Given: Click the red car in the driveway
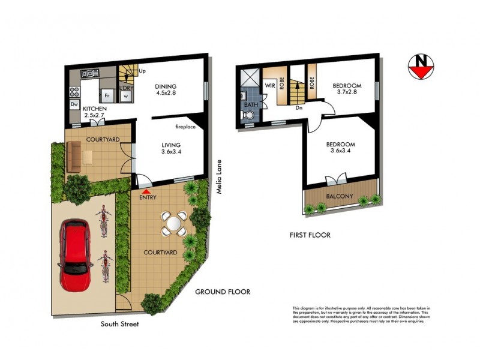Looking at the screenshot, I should click(x=75, y=254).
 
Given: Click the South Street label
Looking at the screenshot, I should click(x=120, y=325).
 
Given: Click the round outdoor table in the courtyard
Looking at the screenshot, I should click(x=173, y=224).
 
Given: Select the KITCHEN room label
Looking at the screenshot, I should click(x=95, y=109).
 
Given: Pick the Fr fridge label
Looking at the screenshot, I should click(x=106, y=95).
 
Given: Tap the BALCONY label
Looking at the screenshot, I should click(x=340, y=196).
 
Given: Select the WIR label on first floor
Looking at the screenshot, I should click(x=270, y=86).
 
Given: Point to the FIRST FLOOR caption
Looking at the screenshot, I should click(x=310, y=235).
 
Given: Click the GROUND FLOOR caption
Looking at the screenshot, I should click(x=223, y=292).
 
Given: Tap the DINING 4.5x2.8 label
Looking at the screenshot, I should click(x=166, y=89).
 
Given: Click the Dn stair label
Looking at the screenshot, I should click(x=298, y=109).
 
